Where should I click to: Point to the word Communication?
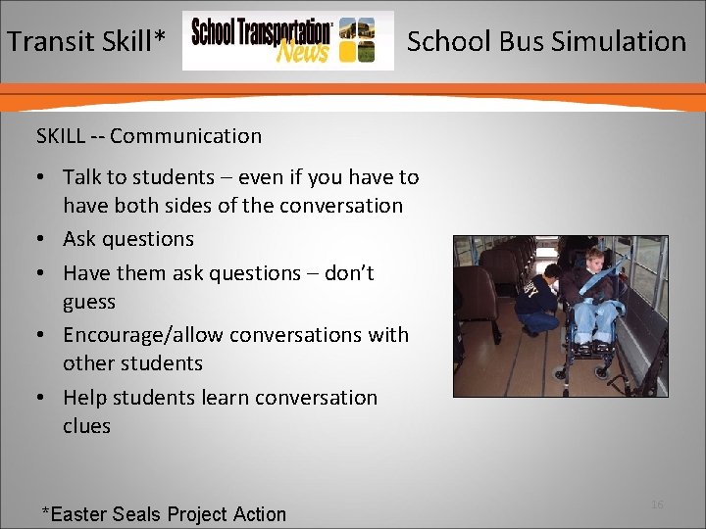(185, 136)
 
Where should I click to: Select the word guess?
(89, 302)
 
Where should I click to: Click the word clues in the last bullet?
(86, 426)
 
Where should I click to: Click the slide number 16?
(657, 505)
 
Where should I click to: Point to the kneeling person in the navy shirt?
(540, 299)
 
